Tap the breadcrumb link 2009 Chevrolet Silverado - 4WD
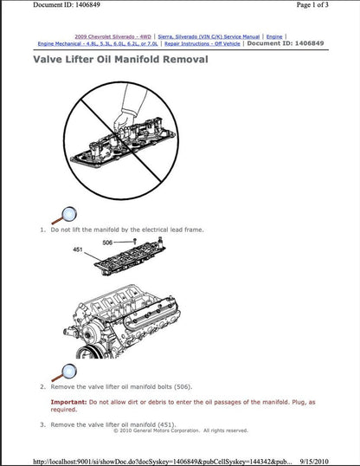point(113,36)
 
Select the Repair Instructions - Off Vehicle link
point(202,43)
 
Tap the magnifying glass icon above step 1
point(63,214)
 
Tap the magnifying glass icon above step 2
point(63,371)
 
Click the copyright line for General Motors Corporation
point(180,430)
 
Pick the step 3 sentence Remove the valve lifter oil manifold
point(114,424)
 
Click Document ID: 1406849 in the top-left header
point(48,5)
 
